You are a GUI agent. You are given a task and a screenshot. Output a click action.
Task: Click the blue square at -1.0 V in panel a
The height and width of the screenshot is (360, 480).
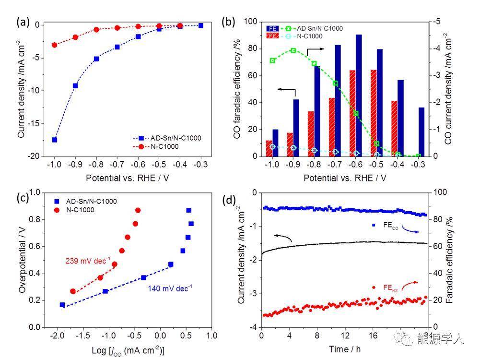[x=55, y=140]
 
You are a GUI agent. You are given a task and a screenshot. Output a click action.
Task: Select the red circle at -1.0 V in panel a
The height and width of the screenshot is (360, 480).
[x=55, y=45]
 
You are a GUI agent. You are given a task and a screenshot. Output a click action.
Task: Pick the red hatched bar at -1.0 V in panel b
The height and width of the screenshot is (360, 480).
[x=269, y=148]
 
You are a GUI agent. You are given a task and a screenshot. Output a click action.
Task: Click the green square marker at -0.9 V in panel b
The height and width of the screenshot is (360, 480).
[x=293, y=50]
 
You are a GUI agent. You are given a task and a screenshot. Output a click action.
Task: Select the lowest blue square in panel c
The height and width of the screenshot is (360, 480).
[x=62, y=305]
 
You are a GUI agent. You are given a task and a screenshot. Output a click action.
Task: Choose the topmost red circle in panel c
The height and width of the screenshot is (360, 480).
[x=138, y=210]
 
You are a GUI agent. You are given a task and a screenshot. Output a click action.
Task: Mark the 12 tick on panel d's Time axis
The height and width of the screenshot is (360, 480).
[x=344, y=335]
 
